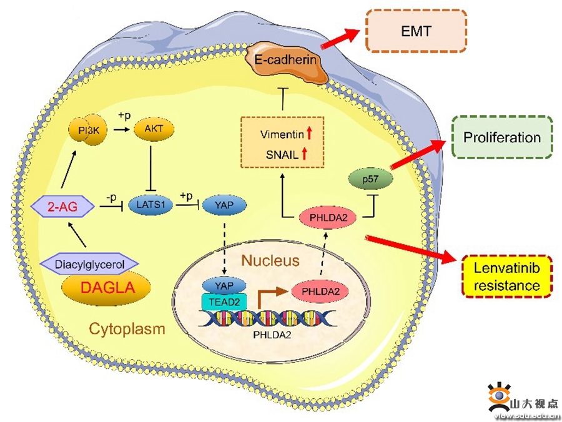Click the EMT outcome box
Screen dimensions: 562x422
point(416,31)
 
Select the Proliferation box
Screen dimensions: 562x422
point(502,137)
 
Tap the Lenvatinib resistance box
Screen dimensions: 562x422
point(507,277)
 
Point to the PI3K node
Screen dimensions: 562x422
point(88,130)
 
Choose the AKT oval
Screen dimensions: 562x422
point(154,129)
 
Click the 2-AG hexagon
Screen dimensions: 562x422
point(62,207)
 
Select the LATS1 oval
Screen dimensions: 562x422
point(150,205)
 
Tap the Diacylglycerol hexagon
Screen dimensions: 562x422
point(89,265)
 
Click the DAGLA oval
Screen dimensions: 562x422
point(106,288)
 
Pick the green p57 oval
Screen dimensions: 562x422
point(370,179)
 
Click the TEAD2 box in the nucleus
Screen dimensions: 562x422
point(224,302)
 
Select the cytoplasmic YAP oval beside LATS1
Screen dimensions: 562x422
point(224,205)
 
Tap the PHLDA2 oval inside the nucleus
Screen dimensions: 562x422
point(320,292)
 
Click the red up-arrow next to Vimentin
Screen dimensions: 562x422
point(309,134)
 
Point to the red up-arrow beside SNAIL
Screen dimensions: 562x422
point(304,154)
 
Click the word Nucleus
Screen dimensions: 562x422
point(270,260)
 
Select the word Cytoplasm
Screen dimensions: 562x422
point(127,328)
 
